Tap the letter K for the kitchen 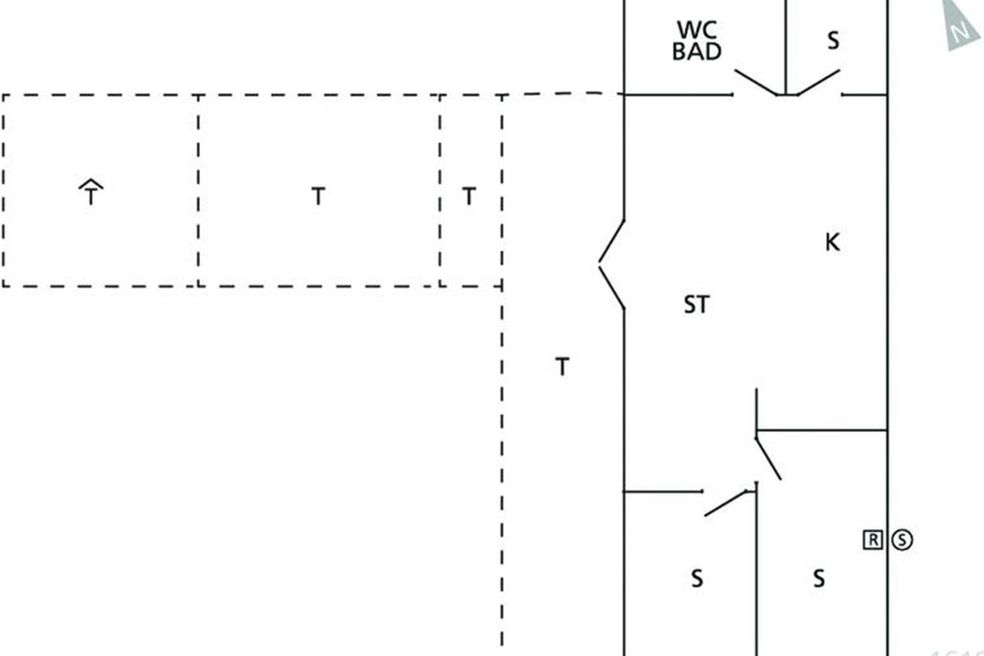tap(832, 243)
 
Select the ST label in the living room tap(696, 305)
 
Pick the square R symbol tap(873, 539)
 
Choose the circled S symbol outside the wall tap(902, 539)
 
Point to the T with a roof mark tap(91, 194)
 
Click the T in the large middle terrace tap(318, 197)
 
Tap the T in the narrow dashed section tap(468, 197)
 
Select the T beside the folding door tap(562, 367)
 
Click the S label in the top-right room tap(833, 41)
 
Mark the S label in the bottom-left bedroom tap(696, 579)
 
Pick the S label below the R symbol tap(818, 579)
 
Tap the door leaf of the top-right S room tap(818, 82)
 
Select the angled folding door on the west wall tap(611, 264)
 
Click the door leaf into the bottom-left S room tap(729, 503)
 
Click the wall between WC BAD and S tap(786, 45)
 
